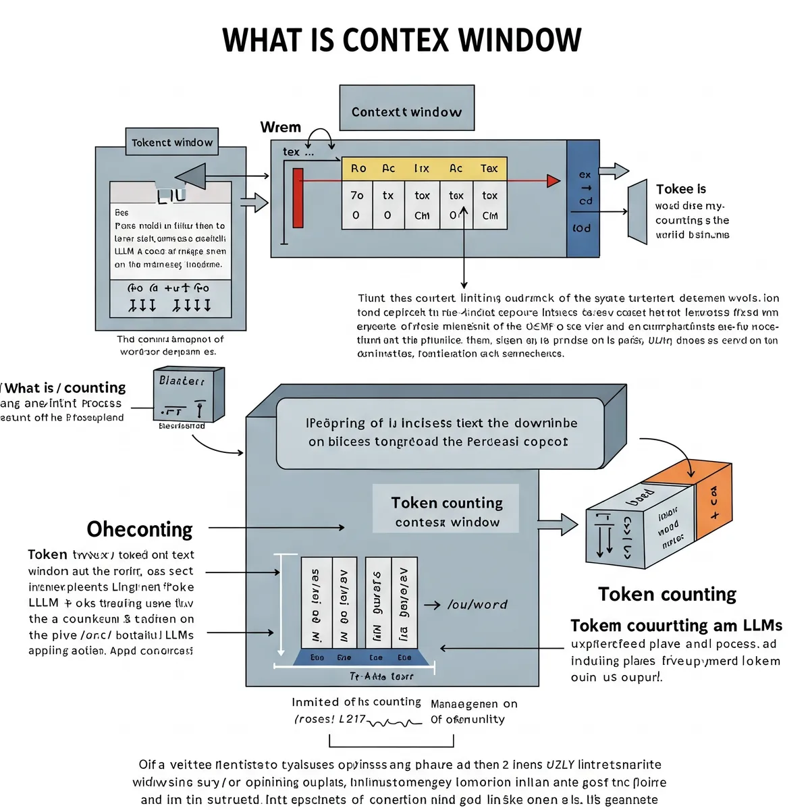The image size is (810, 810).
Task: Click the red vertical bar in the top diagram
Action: pos(298,198)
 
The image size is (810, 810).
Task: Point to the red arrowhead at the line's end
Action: pos(553,180)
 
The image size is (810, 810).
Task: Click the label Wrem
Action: pos(280,127)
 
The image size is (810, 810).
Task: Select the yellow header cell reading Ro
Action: pos(358,168)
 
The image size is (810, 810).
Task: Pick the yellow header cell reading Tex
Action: pos(489,168)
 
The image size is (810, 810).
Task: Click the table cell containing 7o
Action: pos(357,195)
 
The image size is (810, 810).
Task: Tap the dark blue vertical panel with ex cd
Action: pos(583,199)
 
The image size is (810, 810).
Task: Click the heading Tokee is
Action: pos(681,189)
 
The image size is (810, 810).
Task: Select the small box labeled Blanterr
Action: pos(188,395)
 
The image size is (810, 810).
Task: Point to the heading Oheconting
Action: pos(140,529)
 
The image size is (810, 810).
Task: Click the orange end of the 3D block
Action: pos(712,500)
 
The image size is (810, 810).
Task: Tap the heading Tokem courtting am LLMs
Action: pos(676,625)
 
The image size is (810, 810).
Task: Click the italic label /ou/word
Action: pos(477,605)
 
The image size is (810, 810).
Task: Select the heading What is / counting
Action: pos(65,387)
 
